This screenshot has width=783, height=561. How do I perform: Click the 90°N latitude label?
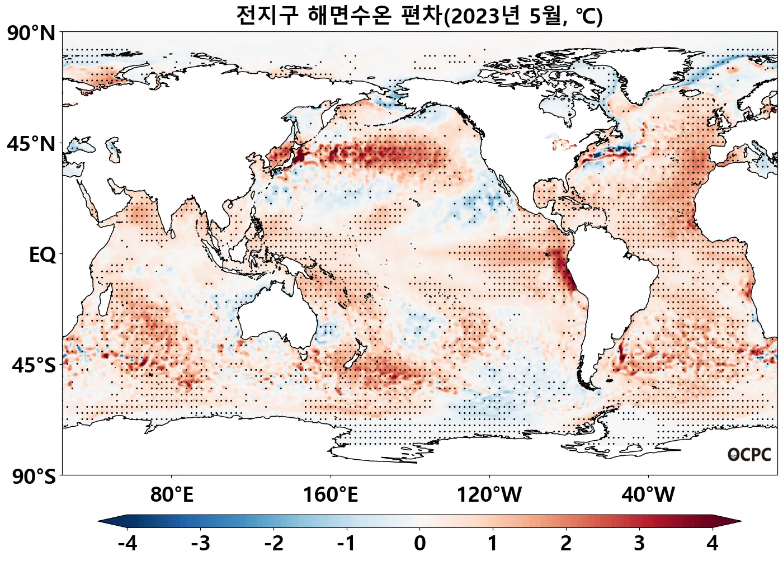coord(31,34)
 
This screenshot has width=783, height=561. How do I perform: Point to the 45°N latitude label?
coord(31,144)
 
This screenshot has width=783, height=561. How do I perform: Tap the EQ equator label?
coord(43,255)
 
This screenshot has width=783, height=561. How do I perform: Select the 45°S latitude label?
coord(34,366)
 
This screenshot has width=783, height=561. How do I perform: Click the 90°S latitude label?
coord(34,477)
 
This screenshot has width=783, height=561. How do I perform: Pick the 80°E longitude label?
coord(172,495)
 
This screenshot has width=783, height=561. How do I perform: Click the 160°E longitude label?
coord(331,495)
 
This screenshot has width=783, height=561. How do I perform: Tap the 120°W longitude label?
coord(489,495)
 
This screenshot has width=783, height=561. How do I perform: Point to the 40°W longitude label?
coord(648,495)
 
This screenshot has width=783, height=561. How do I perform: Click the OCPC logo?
coord(749,455)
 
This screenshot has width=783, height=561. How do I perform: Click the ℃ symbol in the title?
coord(588,16)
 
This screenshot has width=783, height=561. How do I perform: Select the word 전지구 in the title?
coord(267,15)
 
